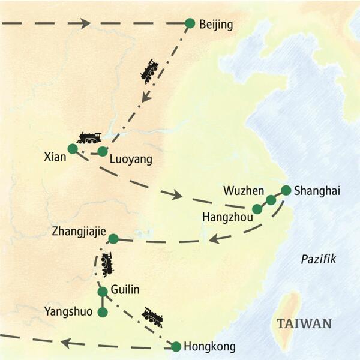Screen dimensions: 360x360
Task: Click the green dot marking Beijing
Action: point(190,23)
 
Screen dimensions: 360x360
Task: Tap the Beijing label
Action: point(215,24)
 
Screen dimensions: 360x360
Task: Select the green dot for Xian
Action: point(73,148)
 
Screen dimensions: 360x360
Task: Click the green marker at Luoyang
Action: point(103,151)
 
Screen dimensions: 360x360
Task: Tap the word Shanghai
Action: point(317,191)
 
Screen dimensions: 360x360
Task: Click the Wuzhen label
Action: point(243,191)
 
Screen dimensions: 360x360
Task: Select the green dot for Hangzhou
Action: point(257,209)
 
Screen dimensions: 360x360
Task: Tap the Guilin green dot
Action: point(103,292)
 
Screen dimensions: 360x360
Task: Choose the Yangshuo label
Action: point(69,311)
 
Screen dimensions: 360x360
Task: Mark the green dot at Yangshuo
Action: point(103,313)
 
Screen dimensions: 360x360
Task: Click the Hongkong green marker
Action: point(176,346)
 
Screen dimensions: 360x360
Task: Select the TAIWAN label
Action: point(304,323)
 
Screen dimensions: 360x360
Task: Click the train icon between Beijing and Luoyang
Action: point(149,70)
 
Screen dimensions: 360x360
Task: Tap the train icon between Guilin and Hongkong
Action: point(152,317)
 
